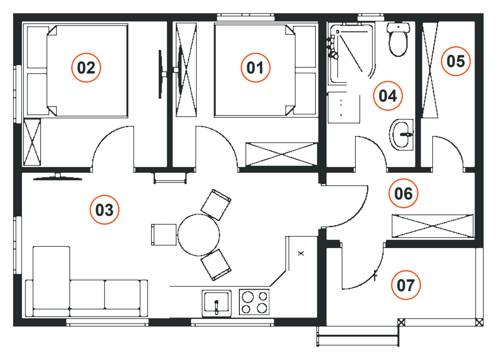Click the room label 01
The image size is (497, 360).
pyautogui.click(x=255, y=67)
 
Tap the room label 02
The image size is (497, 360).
pyautogui.click(x=86, y=67)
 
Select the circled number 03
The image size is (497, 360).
pyautogui.click(x=104, y=210)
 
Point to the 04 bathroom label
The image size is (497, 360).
pyautogui.click(x=388, y=96)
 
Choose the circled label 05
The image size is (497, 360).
pyautogui.click(x=455, y=61)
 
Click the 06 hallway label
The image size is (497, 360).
pyautogui.click(x=403, y=193)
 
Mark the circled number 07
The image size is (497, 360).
pyautogui.click(x=406, y=285)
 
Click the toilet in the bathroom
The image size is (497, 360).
pyautogui.click(x=398, y=39)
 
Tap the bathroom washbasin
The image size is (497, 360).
pyautogui.click(x=401, y=134)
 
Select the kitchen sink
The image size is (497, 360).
pyautogui.click(x=216, y=303)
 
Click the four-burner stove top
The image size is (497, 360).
pyautogui.click(x=254, y=302)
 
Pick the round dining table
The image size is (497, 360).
pyautogui.click(x=199, y=235)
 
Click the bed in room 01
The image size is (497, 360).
pyautogui.click(x=266, y=71)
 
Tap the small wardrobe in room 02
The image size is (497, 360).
pyautogui.click(x=32, y=142)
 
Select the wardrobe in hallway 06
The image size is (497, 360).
pyautogui.click(x=433, y=226)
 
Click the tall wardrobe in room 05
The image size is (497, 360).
pyautogui.click(x=430, y=70)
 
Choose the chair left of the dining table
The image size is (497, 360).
pyautogui.click(x=164, y=235)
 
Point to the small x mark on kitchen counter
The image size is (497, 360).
pyautogui.click(x=301, y=253)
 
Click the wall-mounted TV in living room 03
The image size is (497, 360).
pyautogui.click(x=58, y=177)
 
